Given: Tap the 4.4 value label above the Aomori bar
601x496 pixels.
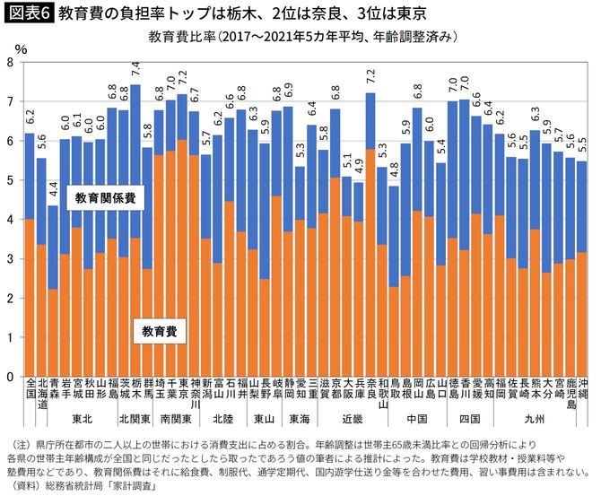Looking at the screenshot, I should point(54,189).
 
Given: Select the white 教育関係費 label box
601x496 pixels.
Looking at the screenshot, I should point(105,197).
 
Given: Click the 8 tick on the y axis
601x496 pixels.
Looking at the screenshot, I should point(10,62).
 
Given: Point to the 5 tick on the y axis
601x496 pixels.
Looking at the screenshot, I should point(10,180).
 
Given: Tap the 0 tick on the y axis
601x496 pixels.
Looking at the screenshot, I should point(10,377).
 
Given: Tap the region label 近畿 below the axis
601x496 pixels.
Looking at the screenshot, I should point(353,418).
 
